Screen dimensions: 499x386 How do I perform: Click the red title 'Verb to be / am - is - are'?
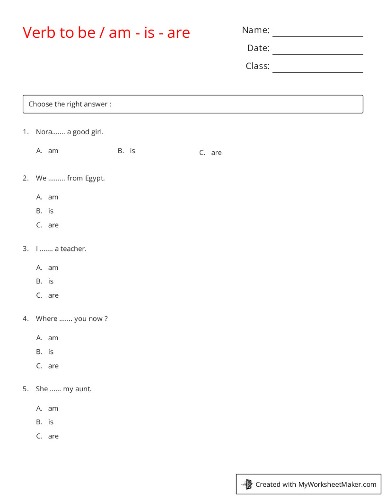[106, 33]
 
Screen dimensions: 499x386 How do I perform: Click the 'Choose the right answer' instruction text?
[70, 104]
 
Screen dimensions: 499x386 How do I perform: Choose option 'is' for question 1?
[132, 151]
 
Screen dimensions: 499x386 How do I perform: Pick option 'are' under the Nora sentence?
[216, 153]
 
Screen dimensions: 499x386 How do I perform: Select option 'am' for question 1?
[53, 151]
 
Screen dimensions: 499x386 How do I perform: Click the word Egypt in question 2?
[95, 178]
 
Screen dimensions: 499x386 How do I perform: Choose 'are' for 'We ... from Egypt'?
[53, 225]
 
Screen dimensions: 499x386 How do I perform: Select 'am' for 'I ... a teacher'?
[53, 267]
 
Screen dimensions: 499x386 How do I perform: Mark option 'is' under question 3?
[51, 281]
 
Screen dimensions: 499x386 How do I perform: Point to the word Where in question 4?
[46, 318]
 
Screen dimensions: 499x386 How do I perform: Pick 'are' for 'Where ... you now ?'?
[53, 366]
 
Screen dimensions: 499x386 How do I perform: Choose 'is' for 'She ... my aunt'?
[51, 422]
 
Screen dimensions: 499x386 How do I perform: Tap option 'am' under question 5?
[53, 408]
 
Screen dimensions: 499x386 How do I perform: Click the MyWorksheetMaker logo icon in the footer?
[247, 484]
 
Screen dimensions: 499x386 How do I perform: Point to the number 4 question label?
[25, 318]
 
